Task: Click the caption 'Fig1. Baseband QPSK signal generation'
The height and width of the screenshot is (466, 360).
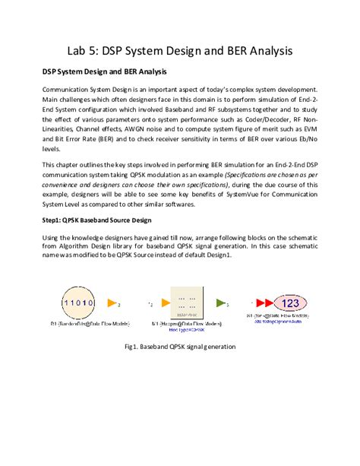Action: (x=179, y=347)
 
